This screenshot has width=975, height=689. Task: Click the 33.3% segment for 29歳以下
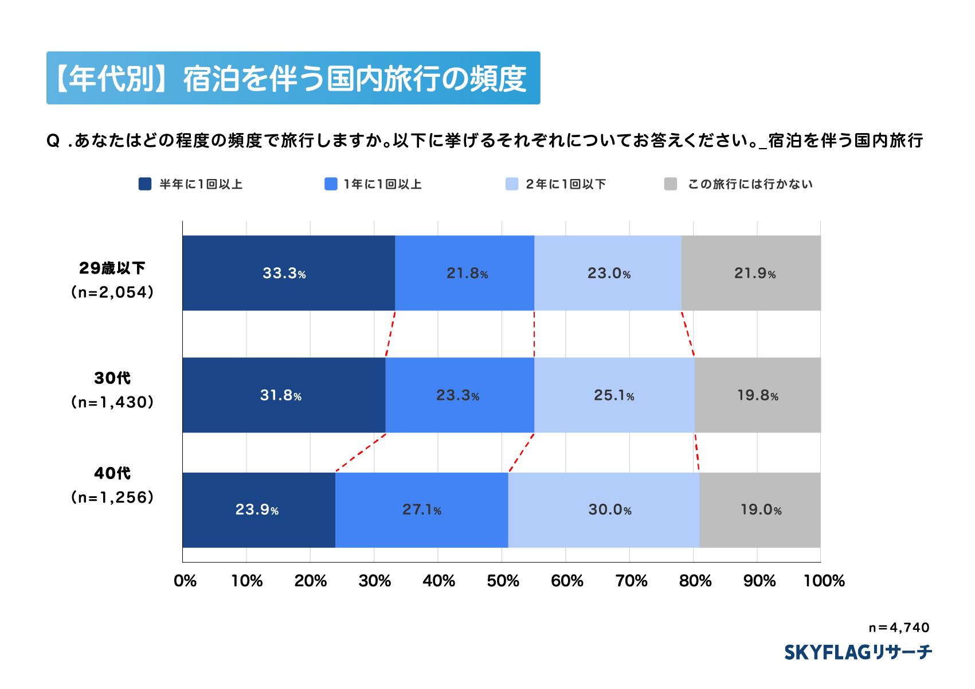[288, 273]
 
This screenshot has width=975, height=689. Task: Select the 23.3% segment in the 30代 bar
[459, 395]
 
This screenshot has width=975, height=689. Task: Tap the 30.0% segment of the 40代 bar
[604, 509]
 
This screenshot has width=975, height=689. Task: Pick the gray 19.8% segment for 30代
[757, 395]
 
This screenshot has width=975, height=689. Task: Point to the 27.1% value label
[422, 509]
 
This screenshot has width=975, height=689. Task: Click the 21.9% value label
[755, 273]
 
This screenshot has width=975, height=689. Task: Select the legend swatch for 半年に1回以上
[145, 184]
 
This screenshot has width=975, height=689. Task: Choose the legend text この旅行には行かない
[750, 184]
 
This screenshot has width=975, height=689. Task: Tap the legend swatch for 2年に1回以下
[512, 184]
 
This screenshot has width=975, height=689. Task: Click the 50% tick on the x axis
[503, 581]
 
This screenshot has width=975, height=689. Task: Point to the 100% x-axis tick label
[824, 581]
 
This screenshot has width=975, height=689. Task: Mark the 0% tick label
[185, 581]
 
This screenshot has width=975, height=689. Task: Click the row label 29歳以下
[112, 268]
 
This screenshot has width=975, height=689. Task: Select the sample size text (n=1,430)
[112, 402]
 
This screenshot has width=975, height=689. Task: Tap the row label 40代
[112, 473]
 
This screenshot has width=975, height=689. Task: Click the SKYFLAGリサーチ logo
[857, 652]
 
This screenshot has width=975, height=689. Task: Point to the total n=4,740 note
[899, 628]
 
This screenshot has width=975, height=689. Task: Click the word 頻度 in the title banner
[498, 79]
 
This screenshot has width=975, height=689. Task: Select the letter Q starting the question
[53, 141]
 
